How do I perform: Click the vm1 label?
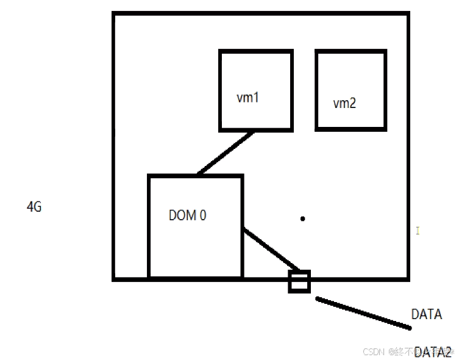[248, 97]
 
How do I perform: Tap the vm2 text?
[344, 103]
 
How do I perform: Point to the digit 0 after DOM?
[202, 215]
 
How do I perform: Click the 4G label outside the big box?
[34, 207]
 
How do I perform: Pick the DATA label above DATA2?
[427, 315]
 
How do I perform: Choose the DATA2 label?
[432, 352]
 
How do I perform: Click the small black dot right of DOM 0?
[303, 218]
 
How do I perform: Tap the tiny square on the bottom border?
[299, 282]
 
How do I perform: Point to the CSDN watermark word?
[372, 352]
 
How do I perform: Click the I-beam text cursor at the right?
[418, 231]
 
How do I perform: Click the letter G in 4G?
[38, 207]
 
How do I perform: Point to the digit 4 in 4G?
[30, 207]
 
